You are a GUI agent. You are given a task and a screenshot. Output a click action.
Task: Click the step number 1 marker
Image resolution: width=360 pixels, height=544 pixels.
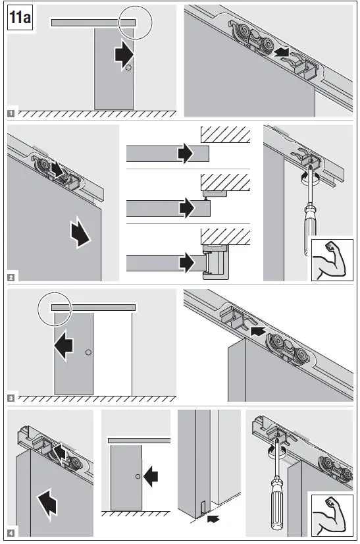(x=11, y=113)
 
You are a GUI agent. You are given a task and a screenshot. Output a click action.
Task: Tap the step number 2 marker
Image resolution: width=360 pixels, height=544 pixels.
(x=11, y=277)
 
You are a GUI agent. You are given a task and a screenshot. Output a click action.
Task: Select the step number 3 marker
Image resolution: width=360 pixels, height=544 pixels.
(x=11, y=397)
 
